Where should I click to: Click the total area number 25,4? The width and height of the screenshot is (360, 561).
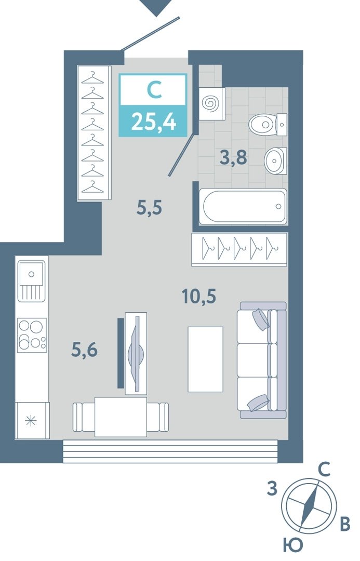(x=154, y=122)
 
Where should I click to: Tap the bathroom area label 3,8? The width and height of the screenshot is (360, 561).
(x=233, y=157)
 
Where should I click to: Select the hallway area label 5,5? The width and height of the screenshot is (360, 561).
(x=150, y=207)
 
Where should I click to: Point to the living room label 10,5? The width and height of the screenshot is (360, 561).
(x=199, y=296)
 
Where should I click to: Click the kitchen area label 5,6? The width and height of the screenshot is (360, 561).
(x=85, y=350)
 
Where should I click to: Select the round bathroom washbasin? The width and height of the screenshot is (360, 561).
(x=275, y=161)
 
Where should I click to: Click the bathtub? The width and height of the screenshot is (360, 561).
(x=243, y=206)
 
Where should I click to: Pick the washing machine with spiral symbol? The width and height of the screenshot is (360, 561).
(x=211, y=104)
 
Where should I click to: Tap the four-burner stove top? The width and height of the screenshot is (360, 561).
(x=32, y=335)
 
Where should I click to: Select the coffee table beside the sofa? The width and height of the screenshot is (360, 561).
(x=205, y=359)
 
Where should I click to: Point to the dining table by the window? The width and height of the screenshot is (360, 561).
(x=121, y=417)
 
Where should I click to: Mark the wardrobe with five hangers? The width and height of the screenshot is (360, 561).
(x=239, y=249)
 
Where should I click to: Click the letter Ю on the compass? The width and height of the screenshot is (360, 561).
(x=292, y=545)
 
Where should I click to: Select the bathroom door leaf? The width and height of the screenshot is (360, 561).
(x=183, y=155)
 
